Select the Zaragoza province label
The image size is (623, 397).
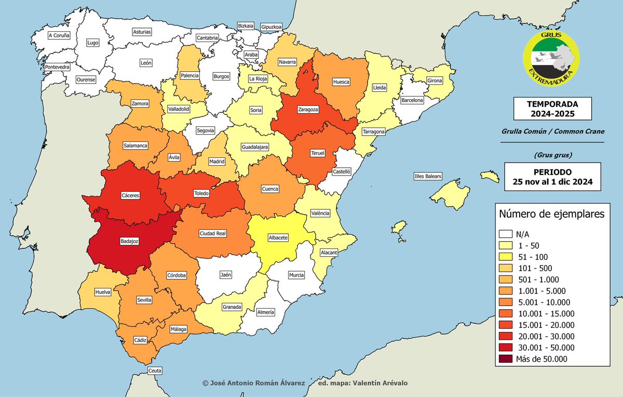tap(308, 110)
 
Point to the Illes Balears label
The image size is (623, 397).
tap(428, 176)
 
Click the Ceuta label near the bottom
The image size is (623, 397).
tap(155, 370)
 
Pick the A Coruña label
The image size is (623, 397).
tap(58, 36)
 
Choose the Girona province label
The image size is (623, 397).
tap(434, 81)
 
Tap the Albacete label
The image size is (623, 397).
tap(278, 237)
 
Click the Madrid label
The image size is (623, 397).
tap(216, 162)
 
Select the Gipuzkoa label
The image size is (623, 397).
tap(271, 26)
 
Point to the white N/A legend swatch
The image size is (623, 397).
tap(506, 234)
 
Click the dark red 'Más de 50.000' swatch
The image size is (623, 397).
tap(506, 359)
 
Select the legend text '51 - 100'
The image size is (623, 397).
tap(533, 257)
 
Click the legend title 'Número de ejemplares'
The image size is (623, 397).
tap(551, 214)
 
